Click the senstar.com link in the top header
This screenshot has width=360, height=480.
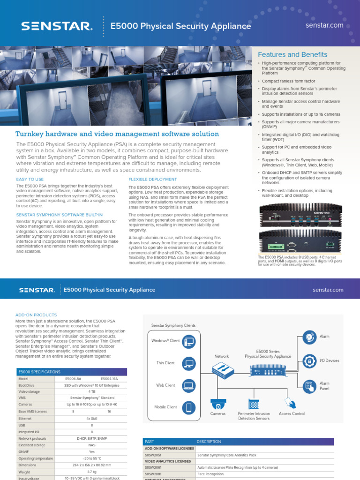click(324, 25)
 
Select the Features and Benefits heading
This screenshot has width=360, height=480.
click(292, 54)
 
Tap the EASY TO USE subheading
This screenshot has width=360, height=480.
click(30, 180)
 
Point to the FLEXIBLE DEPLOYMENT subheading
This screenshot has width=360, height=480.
click(153, 180)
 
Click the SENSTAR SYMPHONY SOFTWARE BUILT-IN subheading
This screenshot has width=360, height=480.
click(60, 215)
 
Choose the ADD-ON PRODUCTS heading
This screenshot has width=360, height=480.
click(36, 315)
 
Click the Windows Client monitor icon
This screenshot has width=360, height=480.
click(189, 341)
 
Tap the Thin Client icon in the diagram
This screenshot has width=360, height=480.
click(189, 363)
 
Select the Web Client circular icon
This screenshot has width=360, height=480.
click(189, 385)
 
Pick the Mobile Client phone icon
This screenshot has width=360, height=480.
click(189, 407)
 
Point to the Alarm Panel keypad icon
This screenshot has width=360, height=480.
click(309, 386)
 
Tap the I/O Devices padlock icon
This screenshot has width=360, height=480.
click(309, 361)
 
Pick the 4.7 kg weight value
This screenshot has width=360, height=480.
click(92, 472)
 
